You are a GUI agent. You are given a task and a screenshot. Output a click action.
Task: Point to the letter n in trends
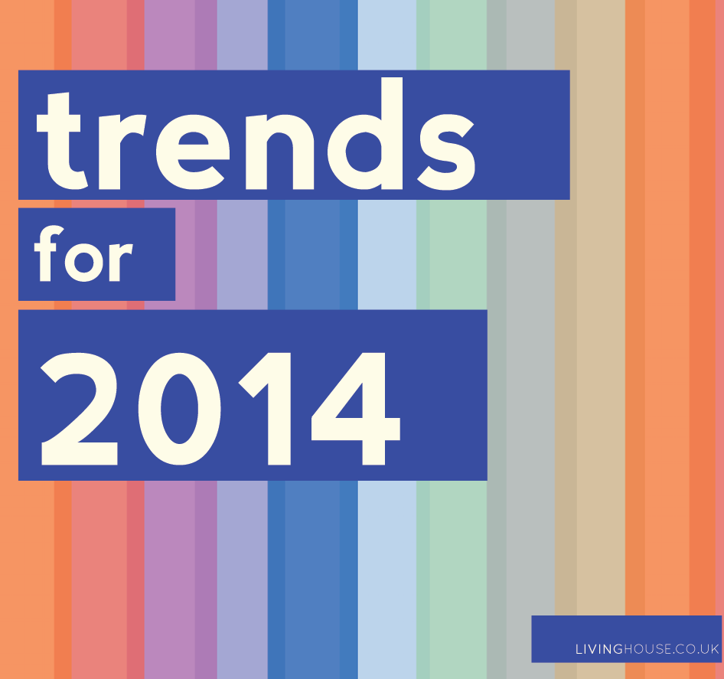279,151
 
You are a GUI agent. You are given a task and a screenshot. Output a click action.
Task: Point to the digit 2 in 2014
80,409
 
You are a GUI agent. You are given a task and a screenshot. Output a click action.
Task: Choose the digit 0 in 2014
179,409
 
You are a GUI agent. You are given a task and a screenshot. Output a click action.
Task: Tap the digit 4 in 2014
356,409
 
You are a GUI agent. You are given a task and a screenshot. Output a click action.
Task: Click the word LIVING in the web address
599,649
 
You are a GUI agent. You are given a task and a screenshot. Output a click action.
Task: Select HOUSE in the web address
647,649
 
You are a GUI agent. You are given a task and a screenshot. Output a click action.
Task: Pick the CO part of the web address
685,649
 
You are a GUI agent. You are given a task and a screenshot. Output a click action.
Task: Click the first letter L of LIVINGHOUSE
579,649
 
